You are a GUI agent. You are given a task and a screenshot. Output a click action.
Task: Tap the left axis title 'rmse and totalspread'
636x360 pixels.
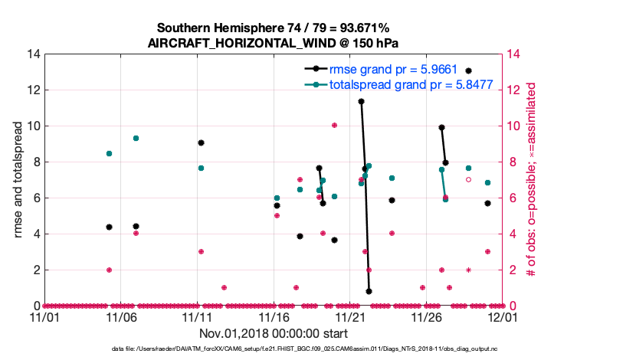click(x=18, y=180)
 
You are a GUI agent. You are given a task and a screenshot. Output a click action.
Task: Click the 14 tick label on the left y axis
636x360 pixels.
click(x=32, y=54)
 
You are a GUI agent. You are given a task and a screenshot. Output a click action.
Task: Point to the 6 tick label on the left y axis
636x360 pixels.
click(x=35, y=198)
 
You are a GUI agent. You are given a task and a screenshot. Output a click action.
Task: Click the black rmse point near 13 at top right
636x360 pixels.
click(x=468, y=71)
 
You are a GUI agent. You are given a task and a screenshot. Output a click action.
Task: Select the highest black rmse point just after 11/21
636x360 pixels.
click(x=361, y=101)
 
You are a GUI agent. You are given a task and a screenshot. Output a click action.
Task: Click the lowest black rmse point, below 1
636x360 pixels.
click(x=369, y=291)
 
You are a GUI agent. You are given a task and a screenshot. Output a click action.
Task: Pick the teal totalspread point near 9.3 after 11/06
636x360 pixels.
click(x=136, y=138)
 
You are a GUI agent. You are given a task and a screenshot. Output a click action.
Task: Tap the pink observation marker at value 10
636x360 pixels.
click(x=334, y=125)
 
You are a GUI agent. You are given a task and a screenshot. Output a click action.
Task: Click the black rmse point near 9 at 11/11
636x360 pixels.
click(x=201, y=142)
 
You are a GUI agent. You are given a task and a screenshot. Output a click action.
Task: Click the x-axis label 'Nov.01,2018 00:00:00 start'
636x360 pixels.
click(x=274, y=334)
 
